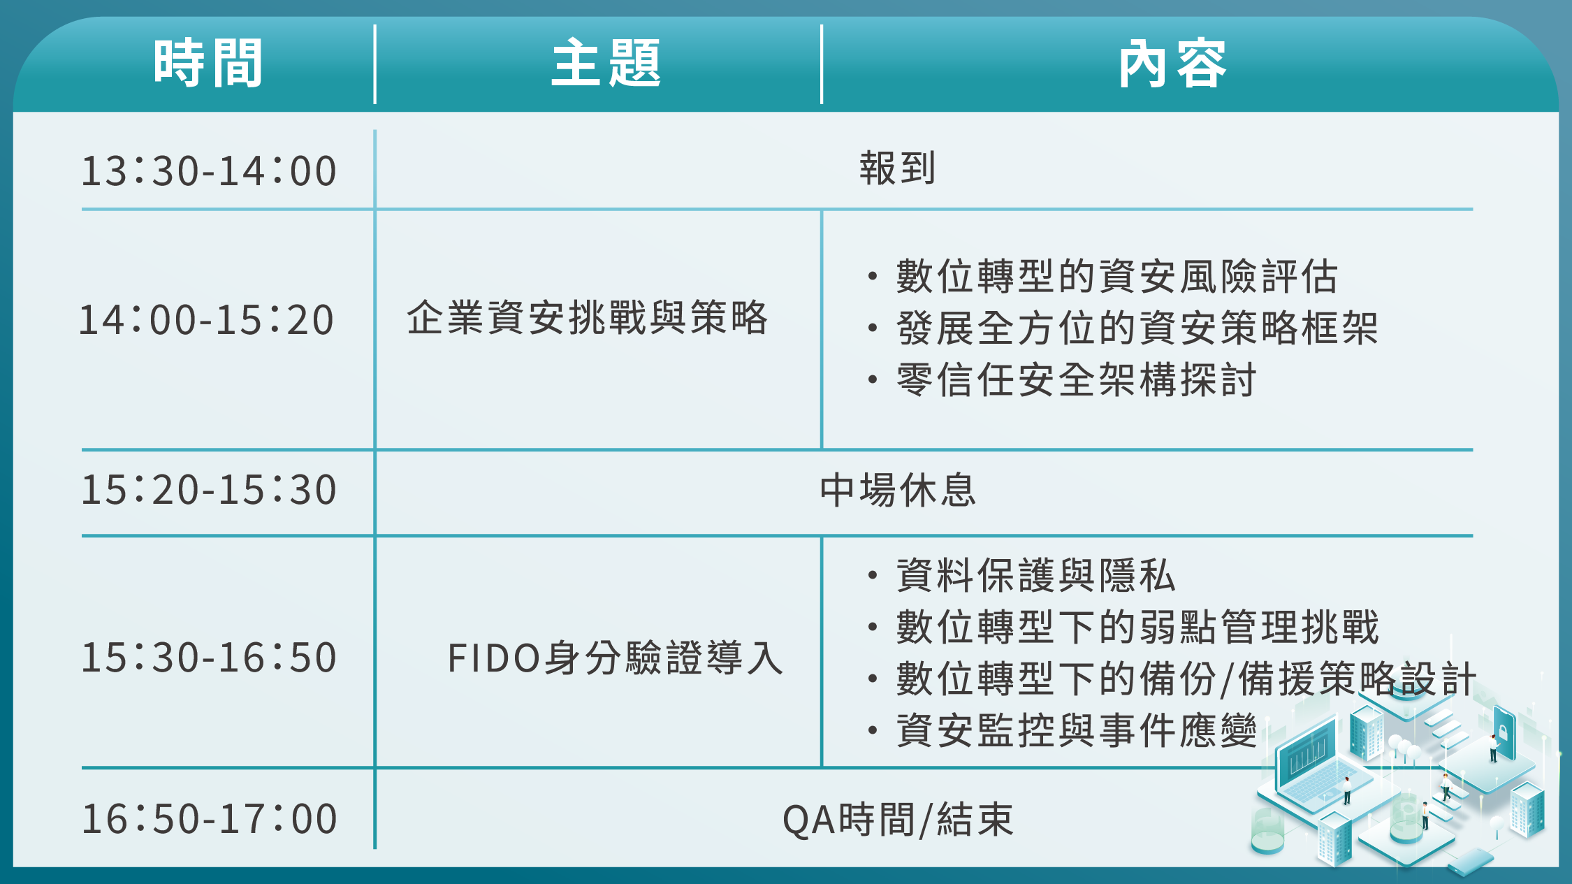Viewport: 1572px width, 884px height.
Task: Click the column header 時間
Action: pos(208,64)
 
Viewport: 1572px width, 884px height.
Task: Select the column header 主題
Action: pos(606,64)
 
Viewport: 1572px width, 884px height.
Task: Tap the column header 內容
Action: pos(1172,64)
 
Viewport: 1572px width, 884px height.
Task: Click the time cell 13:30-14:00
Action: pos(209,171)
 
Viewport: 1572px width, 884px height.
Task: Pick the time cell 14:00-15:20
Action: pos(206,320)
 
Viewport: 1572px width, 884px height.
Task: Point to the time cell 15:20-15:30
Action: pos(209,489)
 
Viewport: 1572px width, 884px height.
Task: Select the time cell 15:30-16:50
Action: pos(209,658)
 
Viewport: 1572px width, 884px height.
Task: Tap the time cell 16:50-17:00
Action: pos(209,819)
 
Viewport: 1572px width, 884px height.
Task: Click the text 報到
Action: pos(898,168)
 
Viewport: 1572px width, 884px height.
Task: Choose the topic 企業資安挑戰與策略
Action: pos(588,318)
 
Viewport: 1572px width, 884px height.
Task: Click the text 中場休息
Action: pos(898,489)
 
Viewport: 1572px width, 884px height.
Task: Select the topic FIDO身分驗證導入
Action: pos(616,658)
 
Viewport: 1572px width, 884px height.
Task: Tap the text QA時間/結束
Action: pos(898,820)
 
